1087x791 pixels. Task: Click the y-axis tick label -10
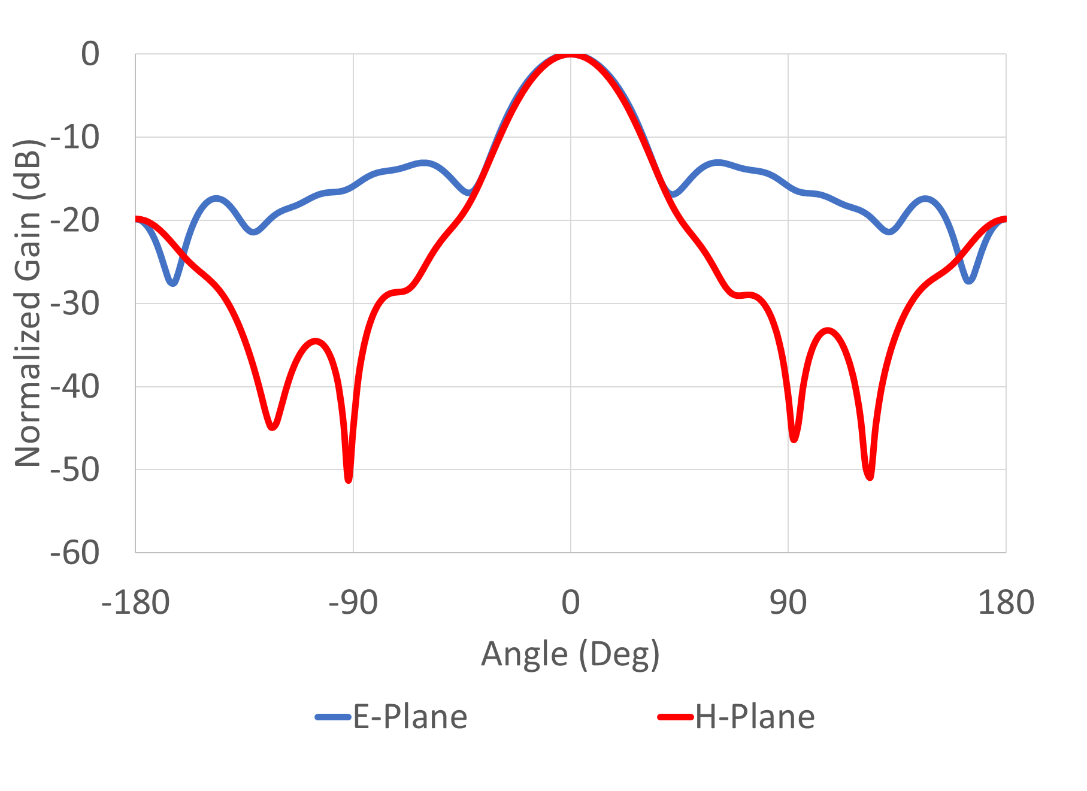click(75, 138)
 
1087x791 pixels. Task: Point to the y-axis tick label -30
click(75, 304)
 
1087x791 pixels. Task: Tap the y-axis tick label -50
click(75, 471)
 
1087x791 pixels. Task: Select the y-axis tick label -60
click(75, 553)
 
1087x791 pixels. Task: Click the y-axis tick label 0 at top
click(90, 54)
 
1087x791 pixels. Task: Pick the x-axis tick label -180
click(136, 603)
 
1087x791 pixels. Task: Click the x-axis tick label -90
click(353, 603)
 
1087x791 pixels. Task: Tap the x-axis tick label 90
click(788, 603)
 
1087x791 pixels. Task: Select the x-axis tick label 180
click(1006, 603)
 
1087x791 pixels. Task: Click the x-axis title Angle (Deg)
click(570, 654)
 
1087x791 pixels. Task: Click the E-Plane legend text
click(410, 717)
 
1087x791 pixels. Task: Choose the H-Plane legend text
click(755, 717)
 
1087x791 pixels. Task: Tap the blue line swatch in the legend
click(333, 717)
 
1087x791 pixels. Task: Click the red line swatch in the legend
click(676, 717)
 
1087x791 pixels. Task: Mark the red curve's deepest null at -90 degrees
click(349, 479)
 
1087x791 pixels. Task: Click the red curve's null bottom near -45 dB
click(272, 426)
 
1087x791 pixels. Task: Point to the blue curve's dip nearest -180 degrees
click(172, 282)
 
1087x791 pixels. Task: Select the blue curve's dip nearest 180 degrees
click(970, 280)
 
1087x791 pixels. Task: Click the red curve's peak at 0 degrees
click(570, 55)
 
